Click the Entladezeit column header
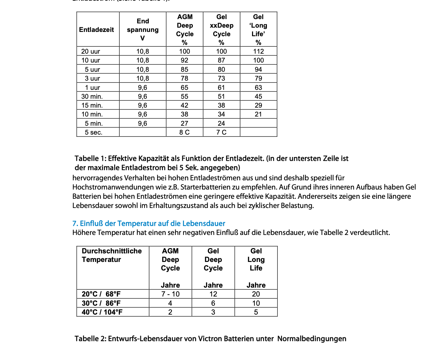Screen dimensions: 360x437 (96, 30)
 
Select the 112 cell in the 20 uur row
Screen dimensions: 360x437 (258, 51)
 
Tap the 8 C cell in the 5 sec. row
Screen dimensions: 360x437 (184, 132)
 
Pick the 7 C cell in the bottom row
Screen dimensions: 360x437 (221, 132)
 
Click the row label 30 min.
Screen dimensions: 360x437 (92, 96)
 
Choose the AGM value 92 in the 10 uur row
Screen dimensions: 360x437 (184, 60)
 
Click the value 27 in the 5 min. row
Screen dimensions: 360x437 (184, 123)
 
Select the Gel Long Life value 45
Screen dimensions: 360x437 (258, 96)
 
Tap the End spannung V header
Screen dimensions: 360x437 (142, 30)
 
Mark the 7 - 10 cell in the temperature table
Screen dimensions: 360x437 (170, 294)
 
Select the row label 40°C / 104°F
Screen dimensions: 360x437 (102, 312)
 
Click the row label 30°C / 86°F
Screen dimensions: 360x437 (101, 303)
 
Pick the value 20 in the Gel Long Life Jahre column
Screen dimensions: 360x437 (256, 294)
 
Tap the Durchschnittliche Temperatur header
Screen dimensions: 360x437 (112, 255)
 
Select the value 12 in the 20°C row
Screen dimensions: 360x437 (213, 294)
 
